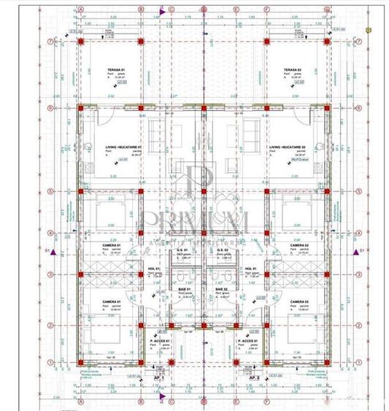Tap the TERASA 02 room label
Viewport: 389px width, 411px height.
pos(293,69)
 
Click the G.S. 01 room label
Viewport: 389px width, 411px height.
pos(182,251)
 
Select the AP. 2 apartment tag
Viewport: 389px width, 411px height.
pos(254,379)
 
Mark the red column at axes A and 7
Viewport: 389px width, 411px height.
pos(80,42)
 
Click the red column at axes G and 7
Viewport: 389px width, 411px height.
pos(327,42)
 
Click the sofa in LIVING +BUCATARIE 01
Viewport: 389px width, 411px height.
pos(158,134)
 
